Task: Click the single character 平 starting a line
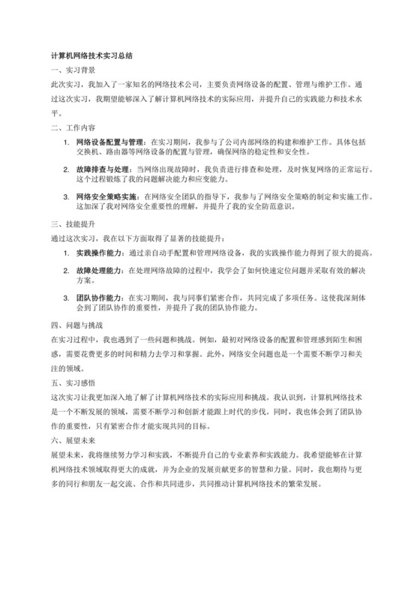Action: [53, 112]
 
